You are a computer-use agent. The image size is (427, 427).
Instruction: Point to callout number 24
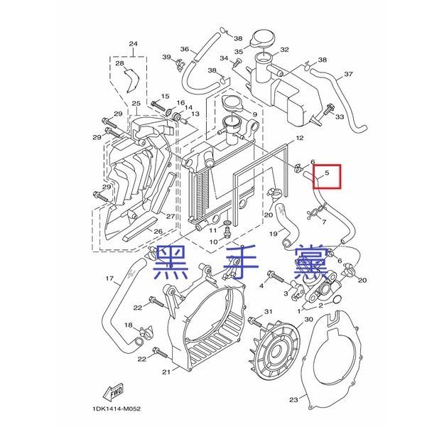[x=133, y=44]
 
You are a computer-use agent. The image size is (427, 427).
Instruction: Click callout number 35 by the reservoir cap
[x=239, y=51]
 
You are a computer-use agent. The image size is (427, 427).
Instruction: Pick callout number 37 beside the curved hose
[x=348, y=74]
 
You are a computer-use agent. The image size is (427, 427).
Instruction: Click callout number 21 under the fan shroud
[x=166, y=372]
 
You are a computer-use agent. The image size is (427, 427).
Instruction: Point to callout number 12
[x=299, y=137]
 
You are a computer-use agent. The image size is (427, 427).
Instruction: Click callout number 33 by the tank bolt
[x=339, y=116]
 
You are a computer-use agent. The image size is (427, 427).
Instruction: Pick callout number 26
[x=158, y=231]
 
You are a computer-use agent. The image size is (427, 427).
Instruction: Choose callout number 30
[x=308, y=320]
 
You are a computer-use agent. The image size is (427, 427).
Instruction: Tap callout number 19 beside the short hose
[x=273, y=233]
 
